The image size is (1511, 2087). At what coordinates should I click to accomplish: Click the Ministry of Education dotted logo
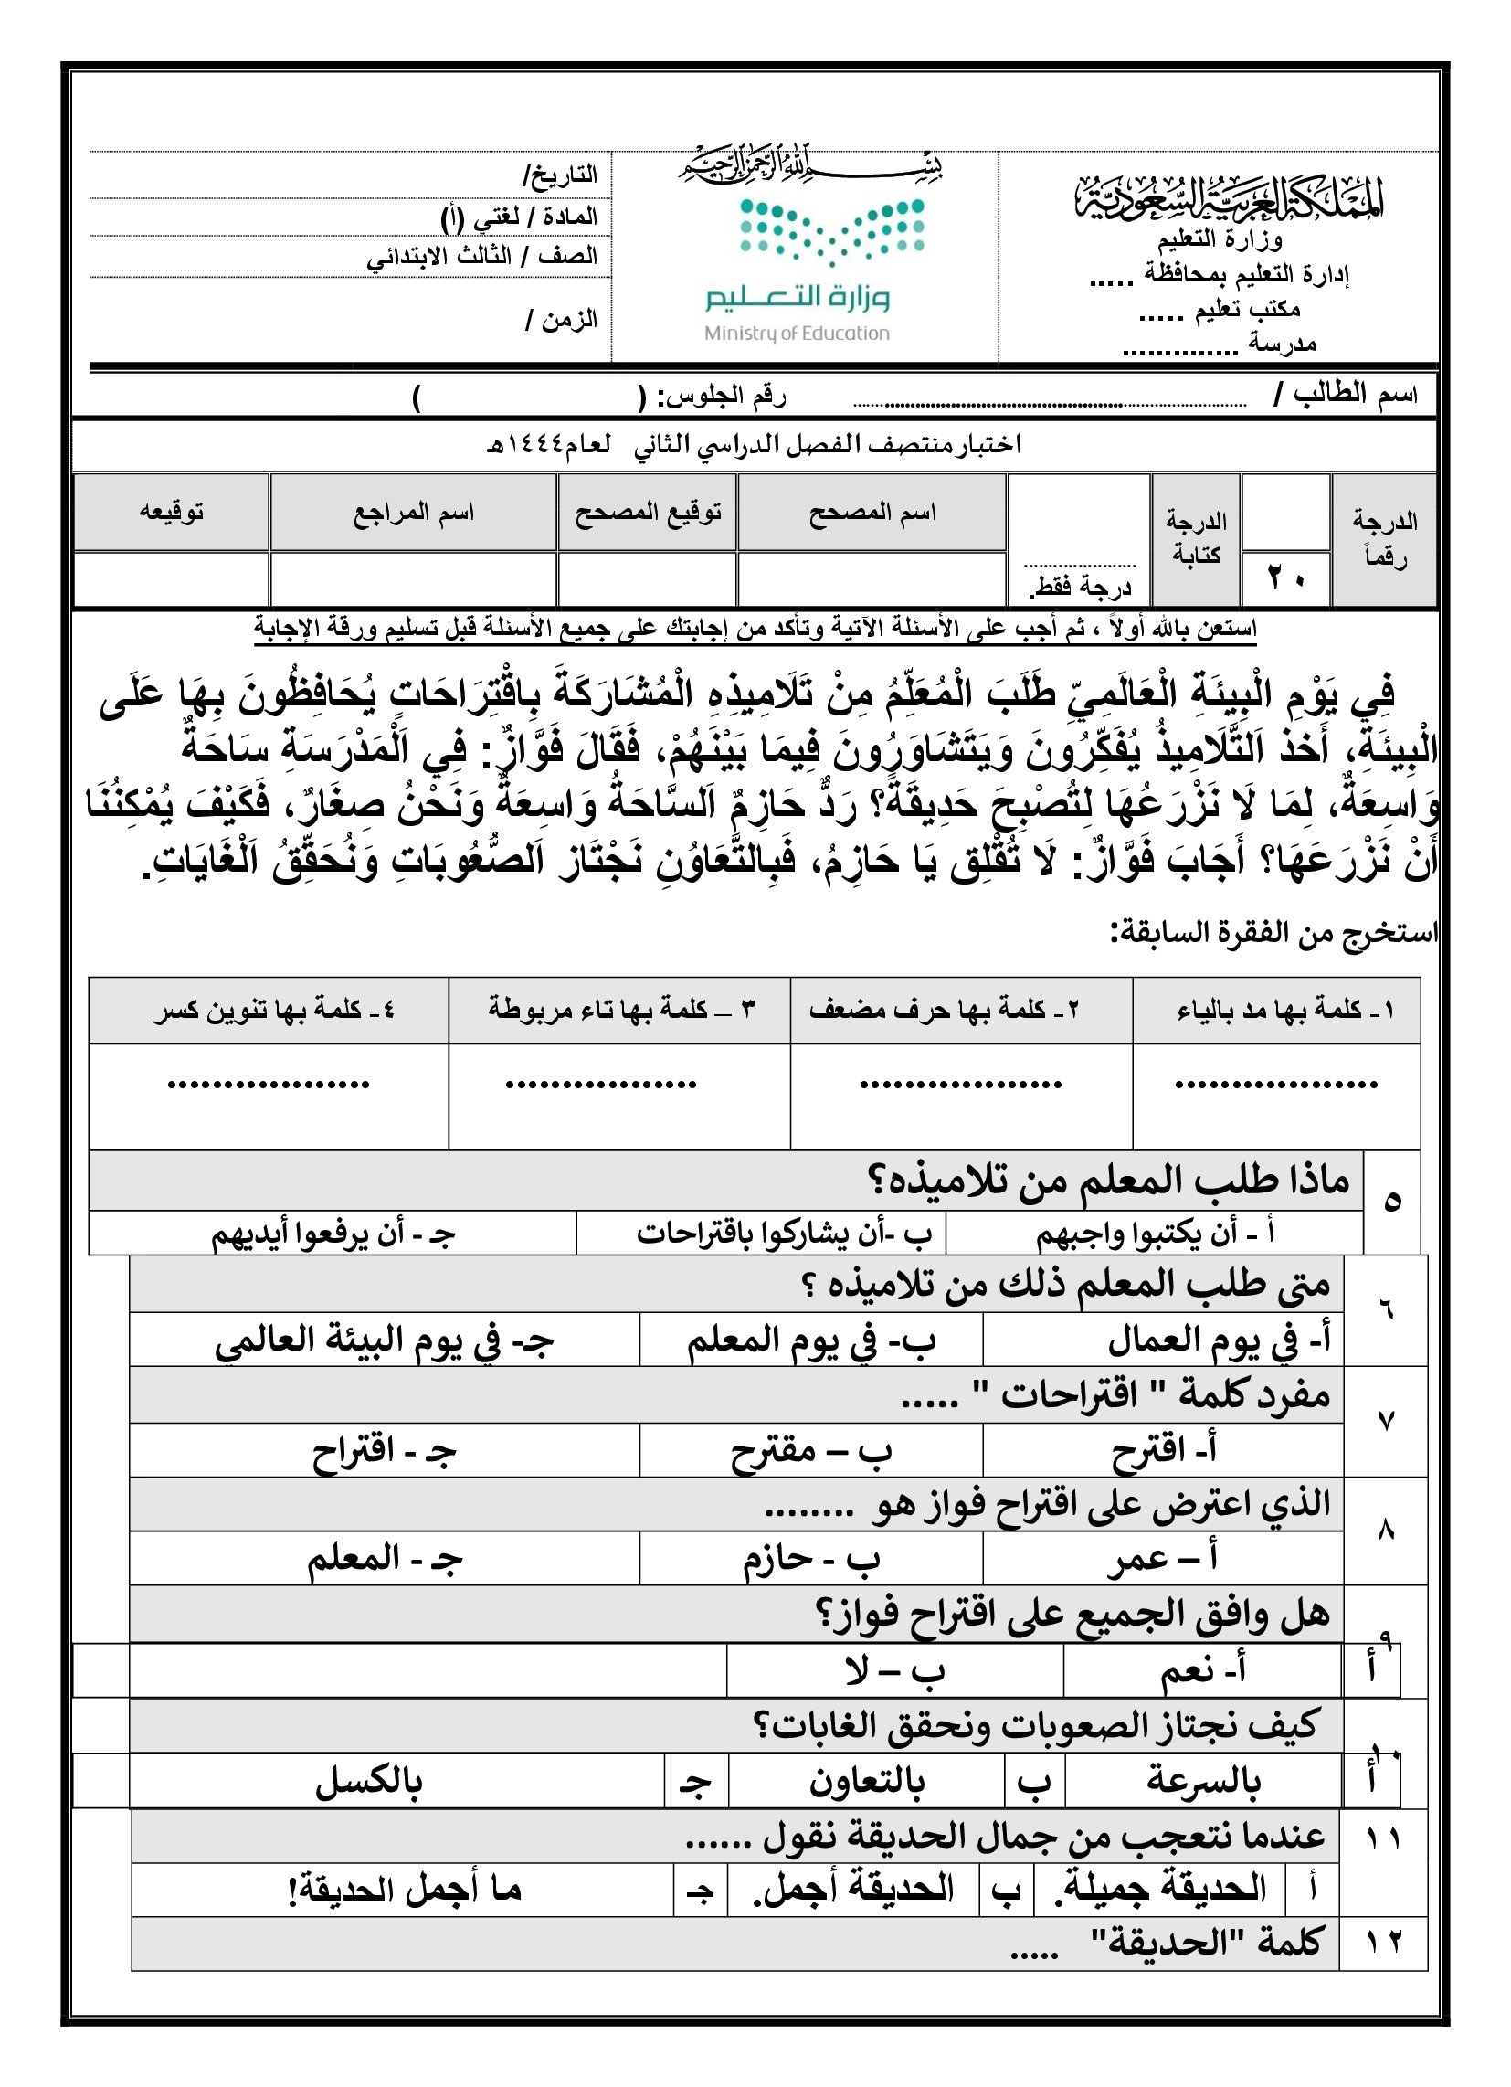click(x=832, y=232)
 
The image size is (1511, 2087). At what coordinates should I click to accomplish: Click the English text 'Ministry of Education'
click(x=797, y=334)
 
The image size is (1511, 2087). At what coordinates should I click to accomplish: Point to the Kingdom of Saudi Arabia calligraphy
click(x=1230, y=196)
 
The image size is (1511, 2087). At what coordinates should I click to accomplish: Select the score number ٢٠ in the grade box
click(x=1285, y=577)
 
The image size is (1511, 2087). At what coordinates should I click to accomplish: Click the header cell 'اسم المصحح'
click(x=872, y=512)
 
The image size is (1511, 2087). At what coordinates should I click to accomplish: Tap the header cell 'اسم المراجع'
click(x=413, y=512)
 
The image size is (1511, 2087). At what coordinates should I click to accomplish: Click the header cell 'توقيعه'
click(x=171, y=512)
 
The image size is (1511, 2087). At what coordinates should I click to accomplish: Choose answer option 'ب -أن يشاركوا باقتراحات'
click(x=784, y=1234)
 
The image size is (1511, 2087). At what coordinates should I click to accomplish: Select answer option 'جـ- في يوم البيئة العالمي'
click(x=385, y=1340)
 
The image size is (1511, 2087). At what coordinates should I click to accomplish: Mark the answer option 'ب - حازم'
click(x=810, y=1559)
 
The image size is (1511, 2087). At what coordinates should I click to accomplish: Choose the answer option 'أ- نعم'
click(x=1203, y=1669)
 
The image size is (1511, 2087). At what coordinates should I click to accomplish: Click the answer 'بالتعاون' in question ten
click(x=866, y=1782)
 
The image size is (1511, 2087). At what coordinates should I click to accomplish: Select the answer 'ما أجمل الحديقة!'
click(x=404, y=1889)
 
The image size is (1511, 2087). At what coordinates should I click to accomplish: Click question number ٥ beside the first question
click(x=1391, y=1202)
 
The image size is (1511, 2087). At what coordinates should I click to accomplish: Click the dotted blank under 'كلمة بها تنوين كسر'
click(x=268, y=1085)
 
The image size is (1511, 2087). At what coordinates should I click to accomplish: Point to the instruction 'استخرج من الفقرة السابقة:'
click(x=1273, y=932)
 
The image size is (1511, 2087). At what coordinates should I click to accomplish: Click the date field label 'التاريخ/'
click(x=560, y=174)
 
